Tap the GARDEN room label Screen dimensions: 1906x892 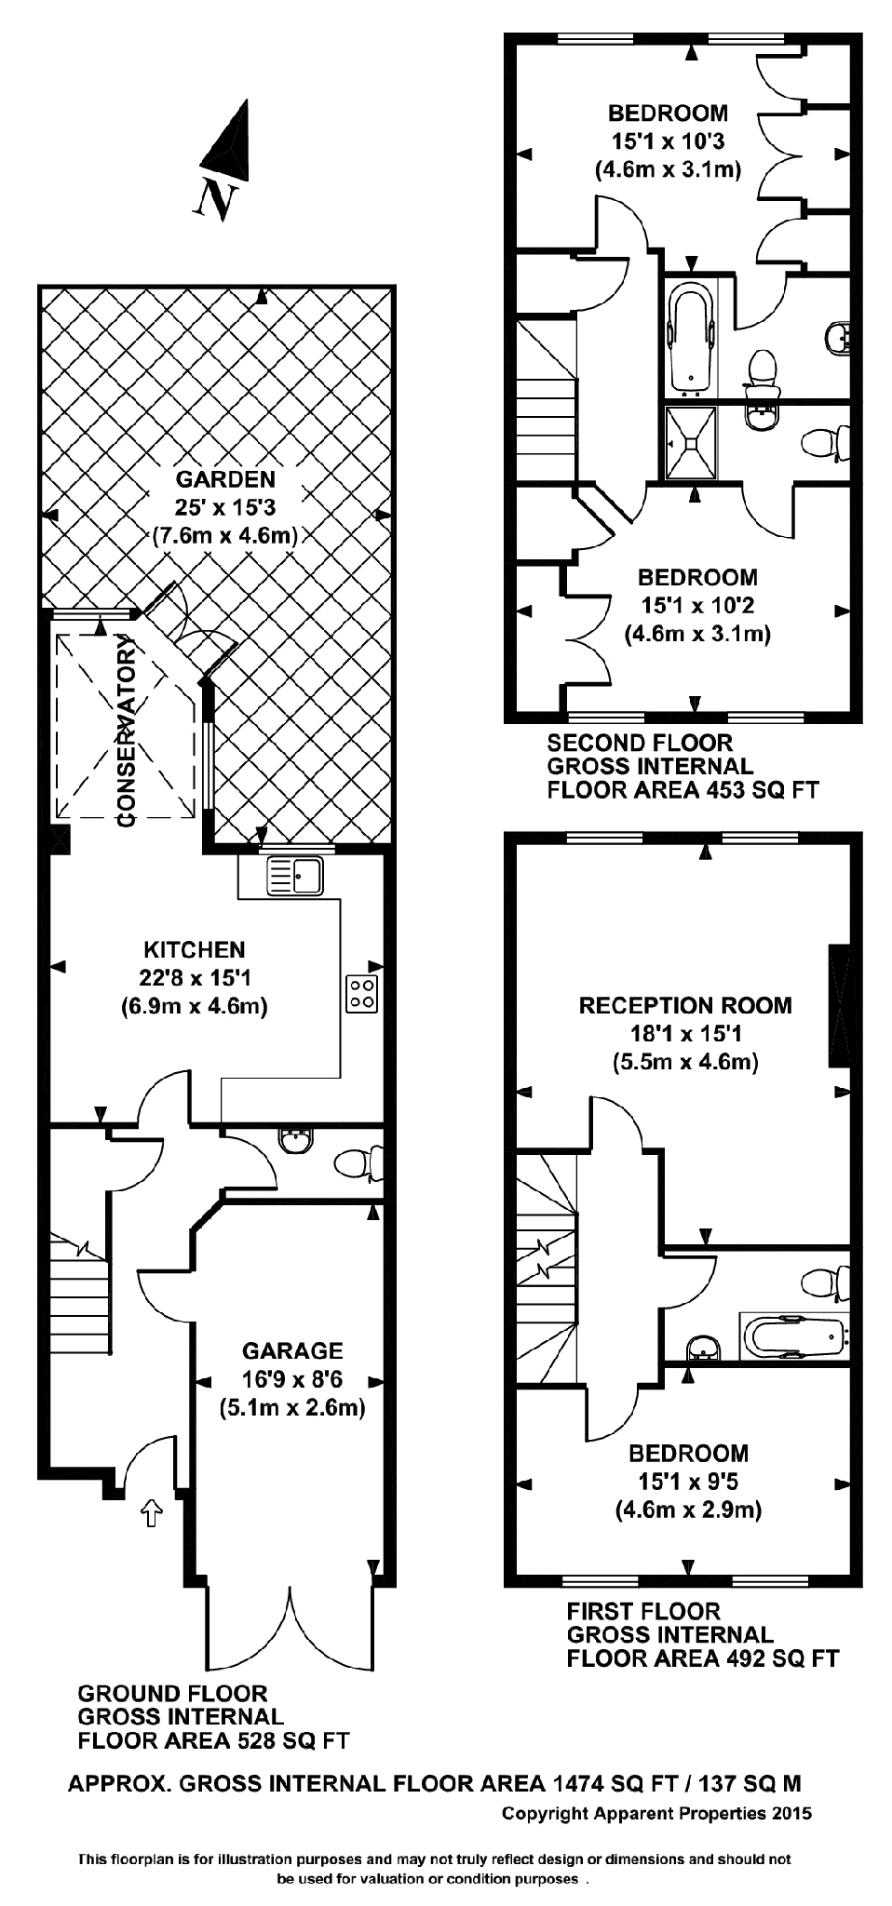tap(226, 480)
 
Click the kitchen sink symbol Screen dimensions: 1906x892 tap(294, 876)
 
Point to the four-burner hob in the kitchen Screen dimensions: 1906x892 tap(363, 994)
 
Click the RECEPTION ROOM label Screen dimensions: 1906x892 tap(685, 1005)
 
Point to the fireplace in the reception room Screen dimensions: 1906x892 tap(839, 1005)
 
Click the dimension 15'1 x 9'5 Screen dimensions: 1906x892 tap(688, 1481)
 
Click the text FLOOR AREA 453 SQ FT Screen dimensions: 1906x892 tap(682, 791)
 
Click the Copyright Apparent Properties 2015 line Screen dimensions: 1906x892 tap(656, 1813)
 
